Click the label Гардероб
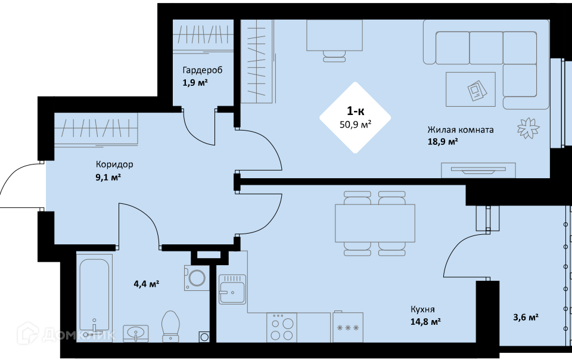tap(203, 70)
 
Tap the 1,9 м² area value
tap(195, 82)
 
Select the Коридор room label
tap(114, 165)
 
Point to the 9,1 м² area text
tap(108, 178)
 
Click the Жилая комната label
tap(461, 130)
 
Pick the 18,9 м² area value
tap(443, 141)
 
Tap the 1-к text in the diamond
tap(355, 110)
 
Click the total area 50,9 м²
tap(356, 125)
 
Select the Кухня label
tap(423, 310)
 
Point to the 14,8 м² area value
tap(425, 322)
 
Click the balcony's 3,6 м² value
tap(526, 317)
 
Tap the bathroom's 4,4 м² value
tap(147, 283)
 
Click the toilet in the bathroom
tap(171, 326)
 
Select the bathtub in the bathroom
tap(94, 297)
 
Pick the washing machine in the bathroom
tap(197, 278)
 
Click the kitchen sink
tap(232, 289)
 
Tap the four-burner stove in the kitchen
tap(282, 327)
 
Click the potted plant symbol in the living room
tap(529, 128)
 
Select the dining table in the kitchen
tap(375, 224)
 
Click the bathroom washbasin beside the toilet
tap(136, 333)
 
